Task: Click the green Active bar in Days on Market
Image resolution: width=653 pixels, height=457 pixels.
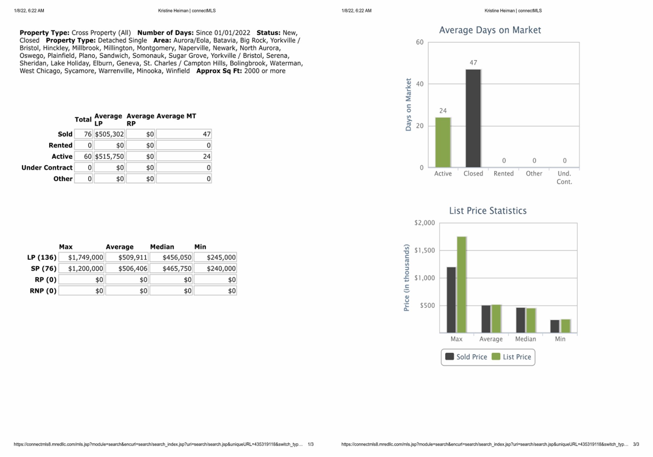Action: click(x=443, y=142)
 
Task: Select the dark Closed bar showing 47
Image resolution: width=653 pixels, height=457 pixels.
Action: click(x=473, y=118)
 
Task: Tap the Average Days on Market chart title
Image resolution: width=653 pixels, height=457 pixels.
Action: click(x=490, y=30)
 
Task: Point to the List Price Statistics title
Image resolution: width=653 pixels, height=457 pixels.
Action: click(x=488, y=211)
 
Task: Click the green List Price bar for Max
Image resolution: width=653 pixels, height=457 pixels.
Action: click(x=462, y=284)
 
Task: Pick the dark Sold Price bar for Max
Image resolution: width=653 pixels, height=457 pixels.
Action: click(x=451, y=300)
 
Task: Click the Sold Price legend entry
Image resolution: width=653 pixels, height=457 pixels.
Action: click(x=466, y=357)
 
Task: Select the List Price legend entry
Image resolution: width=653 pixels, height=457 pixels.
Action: click(x=512, y=357)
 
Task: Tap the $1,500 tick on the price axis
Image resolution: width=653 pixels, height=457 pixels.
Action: click(x=424, y=250)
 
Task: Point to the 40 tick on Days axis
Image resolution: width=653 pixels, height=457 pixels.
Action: click(x=420, y=84)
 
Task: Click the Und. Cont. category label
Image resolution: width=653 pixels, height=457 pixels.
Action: click(x=564, y=178)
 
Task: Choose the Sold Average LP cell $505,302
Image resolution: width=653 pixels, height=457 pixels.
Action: click(x=109, y=134)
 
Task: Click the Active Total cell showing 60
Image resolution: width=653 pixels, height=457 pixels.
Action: click(x=83, y=156)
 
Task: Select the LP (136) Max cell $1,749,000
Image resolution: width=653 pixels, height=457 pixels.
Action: click(x=81, y=258)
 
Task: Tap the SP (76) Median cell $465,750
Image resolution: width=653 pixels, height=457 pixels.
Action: click(x=171, y=269)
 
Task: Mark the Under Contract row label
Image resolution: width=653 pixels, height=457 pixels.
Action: click(x=47, y=168)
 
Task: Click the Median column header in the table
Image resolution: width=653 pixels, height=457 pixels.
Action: click(x=162, y=247)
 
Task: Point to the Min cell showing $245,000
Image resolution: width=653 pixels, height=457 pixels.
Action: click(x=215, y=258)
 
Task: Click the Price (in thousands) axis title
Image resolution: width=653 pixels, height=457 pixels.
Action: click(x=407, y=277)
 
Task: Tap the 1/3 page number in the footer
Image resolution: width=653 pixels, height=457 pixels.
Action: click(x=311, y=444)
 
